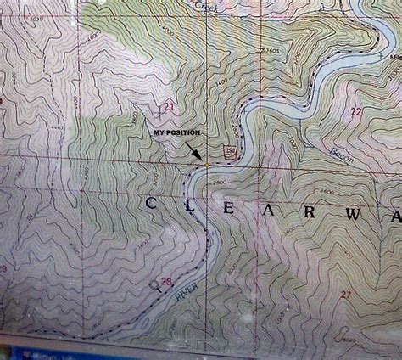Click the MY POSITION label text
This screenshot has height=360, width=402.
(x=177, y=134)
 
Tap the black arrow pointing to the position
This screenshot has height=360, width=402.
(x=194, y=151)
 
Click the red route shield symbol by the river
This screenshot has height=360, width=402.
(x=228, y=150)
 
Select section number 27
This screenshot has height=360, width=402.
(x=345, y=294)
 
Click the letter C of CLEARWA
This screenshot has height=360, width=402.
(x=153, y=204)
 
